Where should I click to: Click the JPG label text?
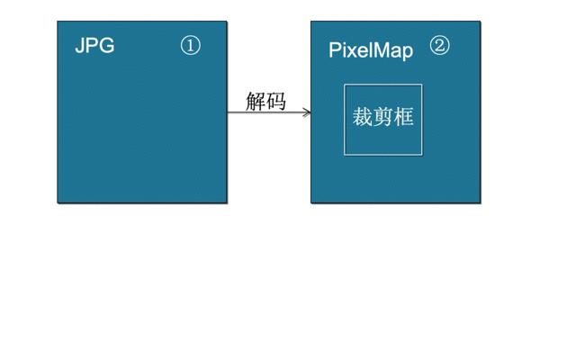[x=94, y=46]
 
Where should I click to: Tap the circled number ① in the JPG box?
[x=190, y=46]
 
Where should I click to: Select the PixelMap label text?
[x=371, y=49]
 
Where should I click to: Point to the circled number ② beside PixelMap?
[x=439, y=46]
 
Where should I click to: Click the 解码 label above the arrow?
[x=265, y=101]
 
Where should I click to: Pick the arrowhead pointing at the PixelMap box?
[x=307, y=112]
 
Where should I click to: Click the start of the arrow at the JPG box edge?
[x=229, y=112]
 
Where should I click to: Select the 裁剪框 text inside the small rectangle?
[x=383, y=117]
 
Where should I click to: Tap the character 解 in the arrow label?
[x=256, y=101]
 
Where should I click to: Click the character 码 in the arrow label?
[x=276, y=101]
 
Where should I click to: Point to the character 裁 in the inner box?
[x=363, y=117]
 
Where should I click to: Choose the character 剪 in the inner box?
[x=383, y=117]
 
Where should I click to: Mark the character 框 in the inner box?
[x=404, y=117]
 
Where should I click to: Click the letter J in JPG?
[x=80, y=46]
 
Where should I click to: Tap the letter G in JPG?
[x=107, y=46]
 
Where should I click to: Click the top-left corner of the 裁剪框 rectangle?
[x=345, y=85]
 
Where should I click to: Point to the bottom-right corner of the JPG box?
[x=227, y=202]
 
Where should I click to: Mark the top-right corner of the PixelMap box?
[x=481, y=22]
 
